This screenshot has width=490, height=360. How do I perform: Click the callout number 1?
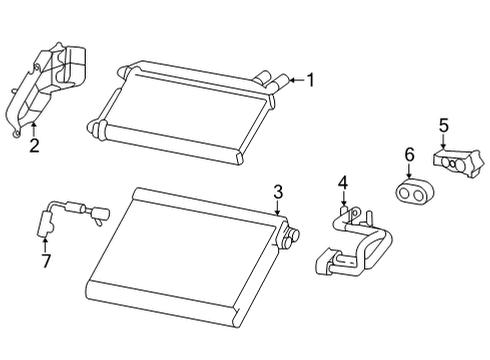pos(311,80)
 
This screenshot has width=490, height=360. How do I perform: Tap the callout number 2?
pos(34,145)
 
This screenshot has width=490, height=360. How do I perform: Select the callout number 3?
pos(278,192)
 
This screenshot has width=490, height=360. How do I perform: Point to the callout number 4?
pos(343,183)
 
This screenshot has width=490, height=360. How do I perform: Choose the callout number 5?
pos(444,126)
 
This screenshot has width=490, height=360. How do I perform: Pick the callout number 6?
pos(409,155)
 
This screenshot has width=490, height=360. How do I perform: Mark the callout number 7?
pos(46,261)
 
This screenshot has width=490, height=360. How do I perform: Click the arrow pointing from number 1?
pos(297,80)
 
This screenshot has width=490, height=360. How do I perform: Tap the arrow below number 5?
pos(443,141)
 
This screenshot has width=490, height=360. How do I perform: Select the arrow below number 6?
pos(409,170)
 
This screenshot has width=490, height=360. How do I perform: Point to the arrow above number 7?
pos(45,244)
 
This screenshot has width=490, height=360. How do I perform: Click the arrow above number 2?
pos(33,130)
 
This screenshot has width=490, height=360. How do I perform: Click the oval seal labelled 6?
pos(414,192)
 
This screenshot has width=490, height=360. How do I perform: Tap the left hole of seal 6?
pos(405,193)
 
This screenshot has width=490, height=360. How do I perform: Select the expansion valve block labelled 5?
pos(458,163)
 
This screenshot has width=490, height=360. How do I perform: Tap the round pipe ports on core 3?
pos(290,237)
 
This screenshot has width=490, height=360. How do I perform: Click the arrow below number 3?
pos(277,208)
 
